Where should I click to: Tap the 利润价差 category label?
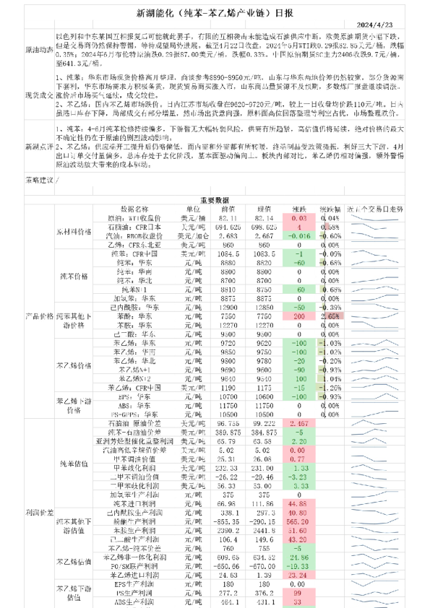[38, 512]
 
